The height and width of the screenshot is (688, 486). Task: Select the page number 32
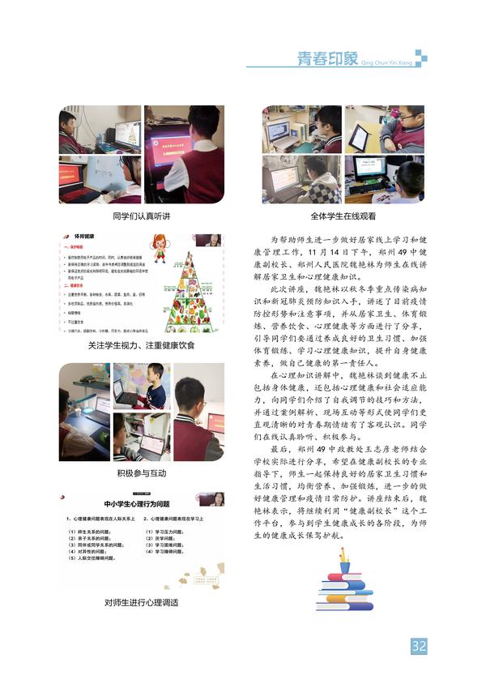(x=419, y=646)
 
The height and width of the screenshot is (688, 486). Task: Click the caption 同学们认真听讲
(x=142, y=216)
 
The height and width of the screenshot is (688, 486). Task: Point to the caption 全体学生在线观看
(x=343, y=216)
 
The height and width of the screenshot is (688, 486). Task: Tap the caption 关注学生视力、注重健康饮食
(x=142, y=345)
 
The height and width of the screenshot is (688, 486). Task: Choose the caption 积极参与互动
(x=142, y=472)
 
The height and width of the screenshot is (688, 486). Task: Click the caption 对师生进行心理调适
(x=142, y=602)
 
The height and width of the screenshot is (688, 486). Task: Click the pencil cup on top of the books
(x=345, y=560)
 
